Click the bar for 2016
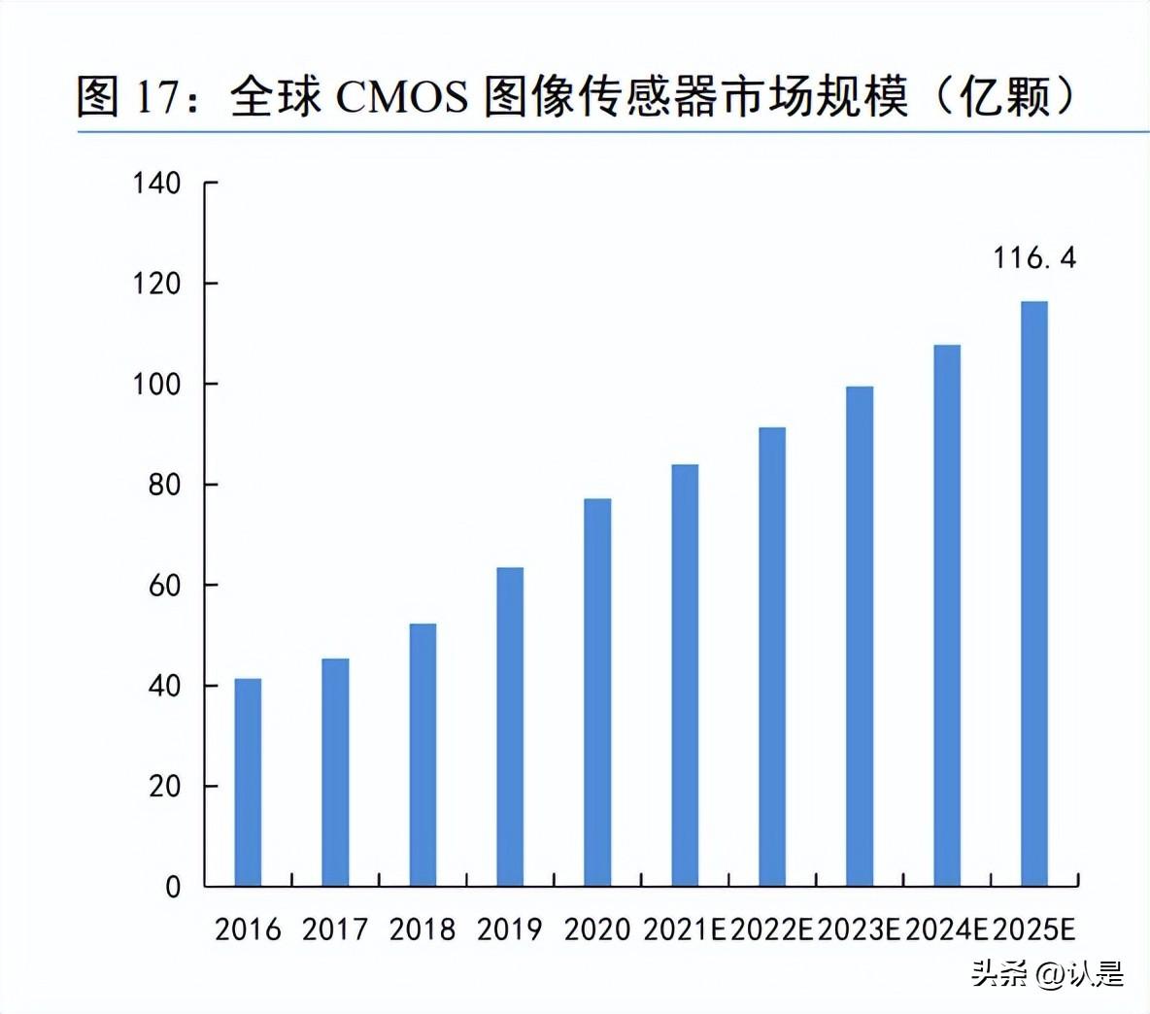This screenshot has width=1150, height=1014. [248, 782]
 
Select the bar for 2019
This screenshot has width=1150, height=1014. [510, 727]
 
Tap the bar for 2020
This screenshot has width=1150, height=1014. [597, 692]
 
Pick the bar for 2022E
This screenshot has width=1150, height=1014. [772, 657]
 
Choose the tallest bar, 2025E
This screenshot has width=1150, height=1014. [1034, 593]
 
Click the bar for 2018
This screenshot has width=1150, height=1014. [423, 755]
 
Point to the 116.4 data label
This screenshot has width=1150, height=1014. [1034, 258]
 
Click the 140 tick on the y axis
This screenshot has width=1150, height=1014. [156, 183]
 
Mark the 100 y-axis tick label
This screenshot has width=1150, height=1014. [156, 384]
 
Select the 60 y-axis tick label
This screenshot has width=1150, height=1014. [165, 585]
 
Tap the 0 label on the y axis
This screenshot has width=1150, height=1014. [173, 887]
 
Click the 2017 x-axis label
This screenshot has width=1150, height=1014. [335, 929]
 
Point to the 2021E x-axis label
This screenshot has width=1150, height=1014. [685, 929]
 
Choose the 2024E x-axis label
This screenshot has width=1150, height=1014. [947, 929]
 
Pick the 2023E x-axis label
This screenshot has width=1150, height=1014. [860, 929]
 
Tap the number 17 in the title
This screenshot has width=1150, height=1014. [157, 98]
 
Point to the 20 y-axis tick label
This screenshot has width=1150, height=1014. [165, 786]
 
